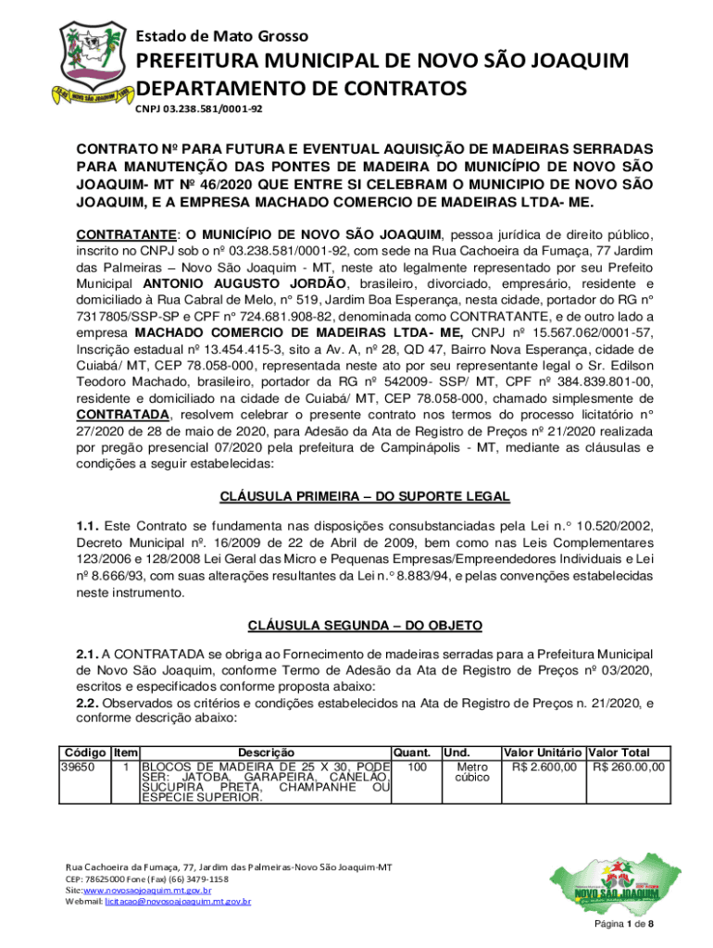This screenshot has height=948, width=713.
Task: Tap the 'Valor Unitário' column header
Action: (x=542, y=753)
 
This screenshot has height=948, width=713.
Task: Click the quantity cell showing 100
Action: (x=417, y=766)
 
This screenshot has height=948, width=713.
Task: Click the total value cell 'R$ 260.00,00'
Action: (x=628, y=766)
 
